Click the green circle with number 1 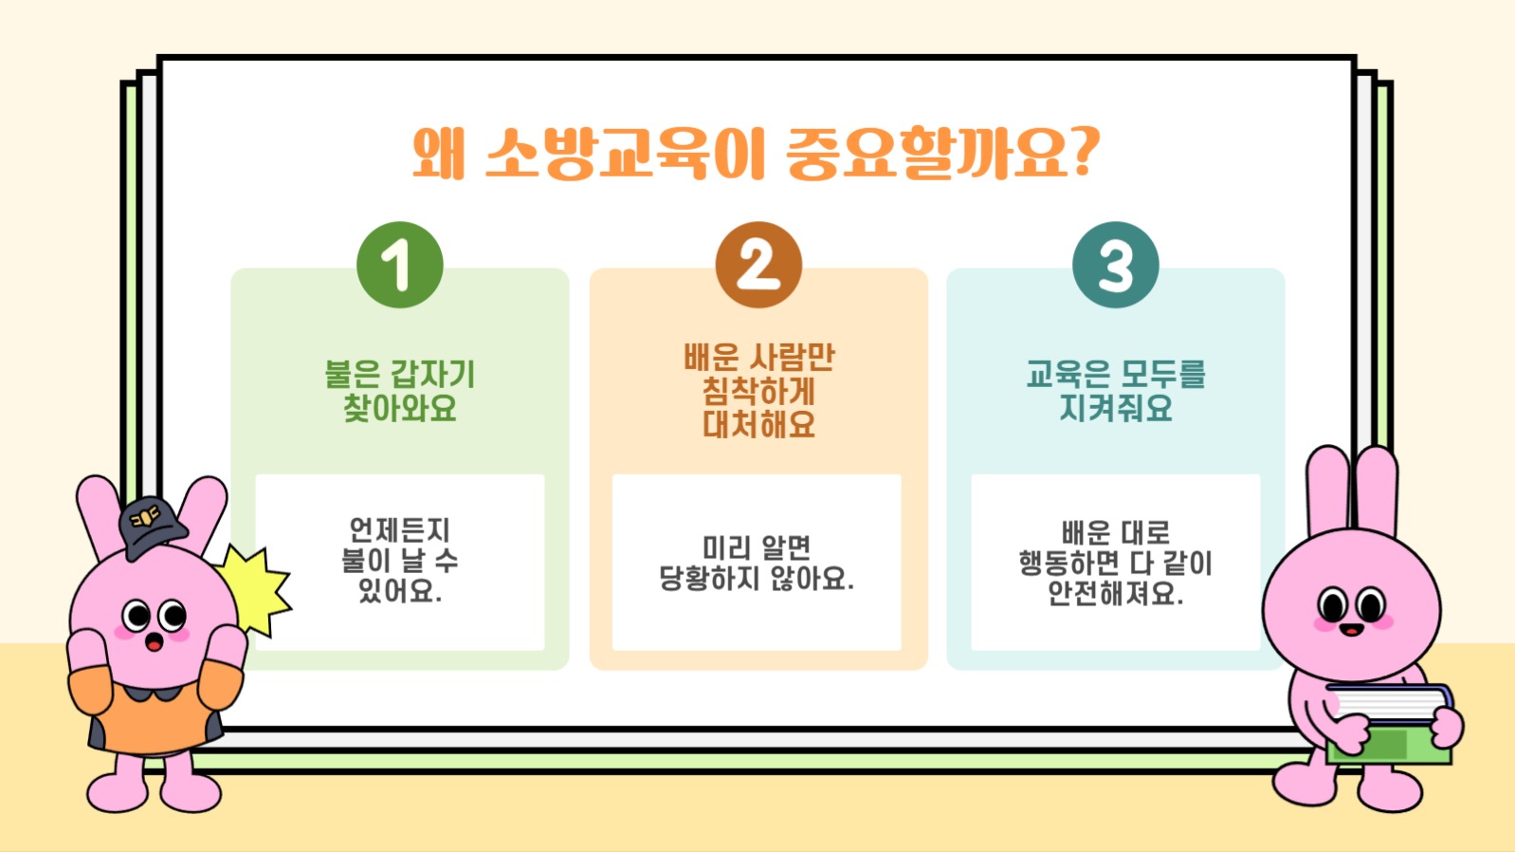[399, 265]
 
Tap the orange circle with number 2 [757, 265]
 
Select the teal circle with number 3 [1115, 265]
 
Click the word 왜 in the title [438, 154]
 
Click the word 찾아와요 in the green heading [399, 409]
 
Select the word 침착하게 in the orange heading [757, 391]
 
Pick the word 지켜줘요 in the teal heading [1115, 409]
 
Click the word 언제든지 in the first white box [399, 529]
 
